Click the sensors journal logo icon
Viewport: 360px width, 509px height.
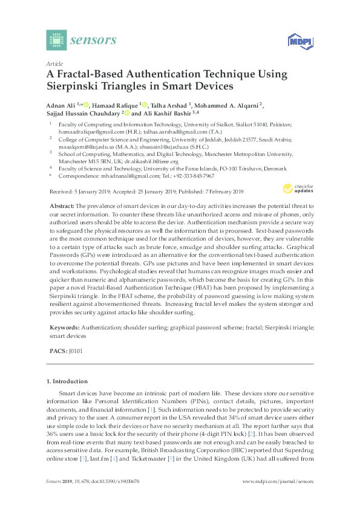55,40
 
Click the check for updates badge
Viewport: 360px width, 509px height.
295,190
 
